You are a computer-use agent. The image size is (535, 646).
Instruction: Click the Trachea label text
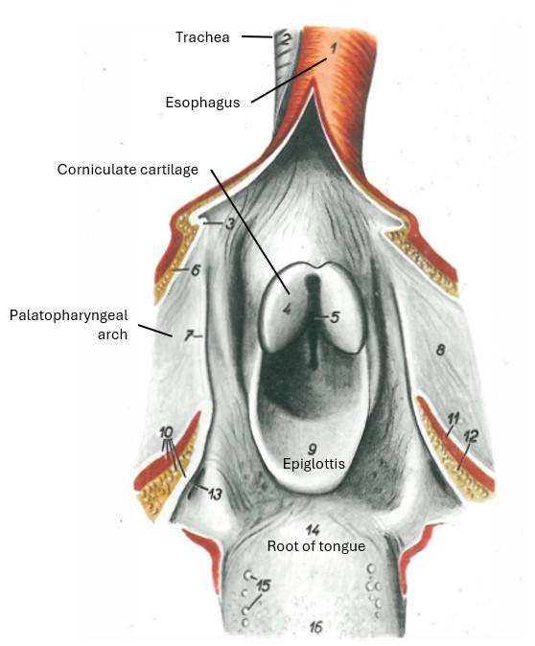(x=202, y=37)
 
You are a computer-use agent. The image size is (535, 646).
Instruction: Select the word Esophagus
(x=202, y=103)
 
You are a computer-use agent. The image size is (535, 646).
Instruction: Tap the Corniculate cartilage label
(x=128, y=170)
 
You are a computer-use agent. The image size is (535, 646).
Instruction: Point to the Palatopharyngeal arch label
(x=69, y=325)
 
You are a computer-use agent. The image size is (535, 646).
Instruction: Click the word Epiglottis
(x=314, y=464)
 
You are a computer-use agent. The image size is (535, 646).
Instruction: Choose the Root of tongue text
(x=316, y=546)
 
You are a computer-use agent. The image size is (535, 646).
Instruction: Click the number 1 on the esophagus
(x=334, y=49)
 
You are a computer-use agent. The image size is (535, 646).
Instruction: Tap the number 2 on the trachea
(x=286, y=39)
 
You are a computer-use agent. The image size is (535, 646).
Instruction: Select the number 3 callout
(x=230, y=223)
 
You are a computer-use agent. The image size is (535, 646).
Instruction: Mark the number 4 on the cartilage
(x=288, y=309)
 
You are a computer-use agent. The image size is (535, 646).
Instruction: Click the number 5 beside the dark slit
(x=335, y=317)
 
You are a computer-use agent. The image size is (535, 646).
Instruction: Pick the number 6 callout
(x=195, y=270)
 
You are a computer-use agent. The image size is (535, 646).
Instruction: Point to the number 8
(x=440, y=350)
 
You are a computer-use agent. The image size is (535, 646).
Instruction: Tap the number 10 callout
(x=166, y=432)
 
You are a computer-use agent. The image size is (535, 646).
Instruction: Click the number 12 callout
(x=471, y=436)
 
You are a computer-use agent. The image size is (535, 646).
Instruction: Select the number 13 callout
(x=215, y=494)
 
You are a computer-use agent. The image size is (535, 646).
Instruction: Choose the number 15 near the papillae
(x=264, y=585)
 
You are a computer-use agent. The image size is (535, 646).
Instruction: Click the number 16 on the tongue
(x=315, y=627)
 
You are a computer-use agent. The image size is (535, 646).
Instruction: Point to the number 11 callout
(x=453, y=420)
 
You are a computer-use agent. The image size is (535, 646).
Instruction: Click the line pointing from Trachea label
(x=257, y=36)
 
